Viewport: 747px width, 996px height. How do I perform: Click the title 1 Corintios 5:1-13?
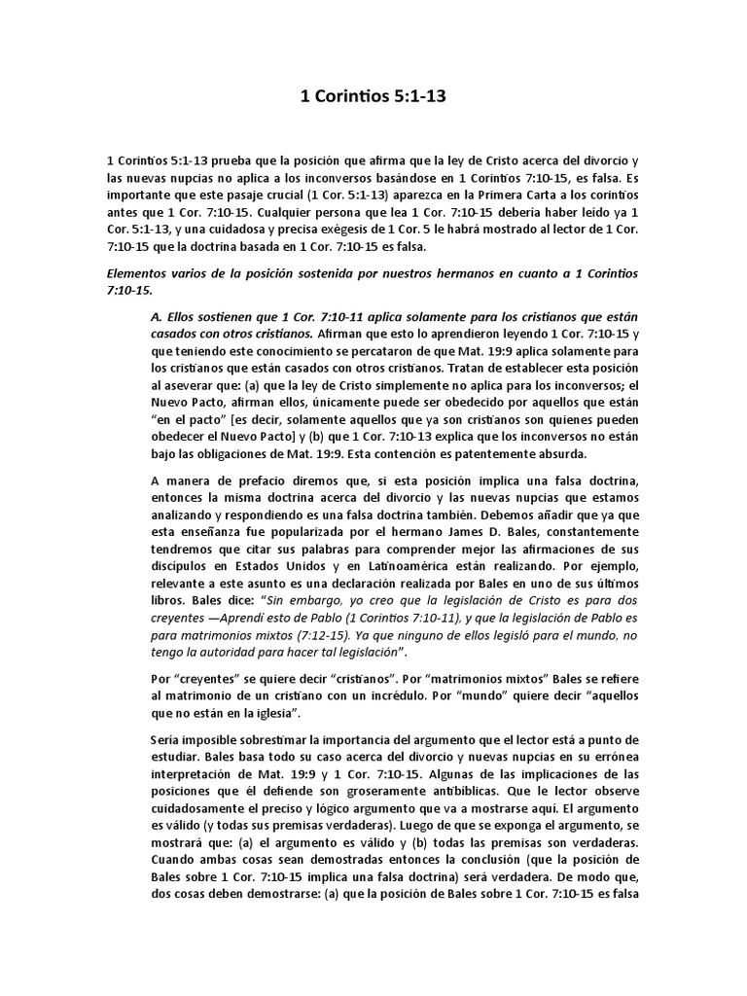click(373, 97)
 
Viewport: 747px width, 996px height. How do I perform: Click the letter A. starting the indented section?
click(157, 319)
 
